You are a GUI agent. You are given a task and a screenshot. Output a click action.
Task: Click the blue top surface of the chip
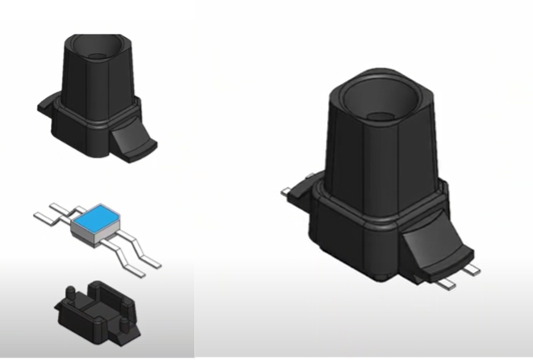pos(96,216)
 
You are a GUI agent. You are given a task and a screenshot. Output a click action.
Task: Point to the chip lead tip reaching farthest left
pos(37,216)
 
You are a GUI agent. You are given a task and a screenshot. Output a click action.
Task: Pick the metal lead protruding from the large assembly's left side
pos(287,192)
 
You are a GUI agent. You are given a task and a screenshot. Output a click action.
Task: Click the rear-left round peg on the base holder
pos(69,292)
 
